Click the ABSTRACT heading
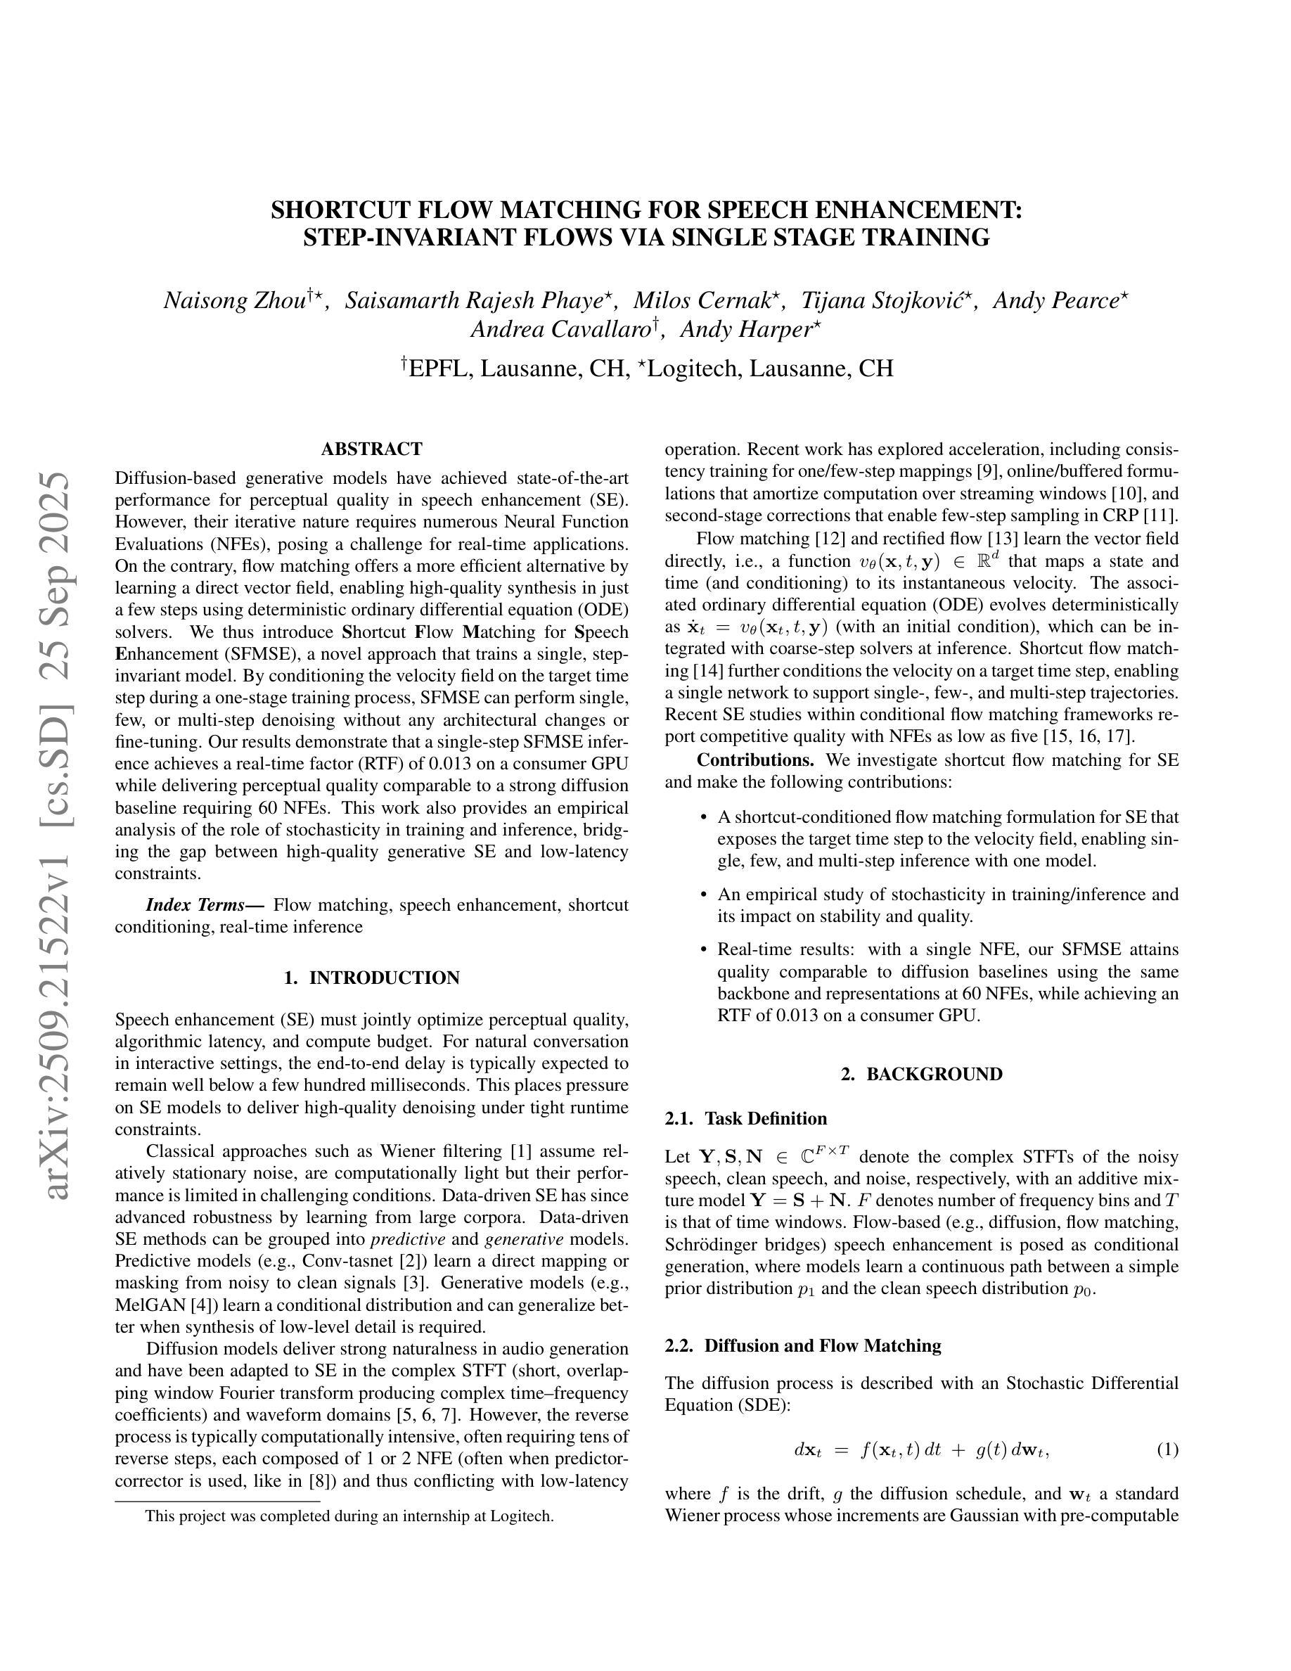tap(372, 449)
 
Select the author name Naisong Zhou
tap(235, 301)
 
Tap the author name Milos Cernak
tap(705, 301)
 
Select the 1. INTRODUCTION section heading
tap(372, 978)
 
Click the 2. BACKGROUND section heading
tap(922, 1074)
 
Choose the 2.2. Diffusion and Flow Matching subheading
tap(804, 1346)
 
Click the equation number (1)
tap(1167, 1449)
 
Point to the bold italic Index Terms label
tap(205, 905)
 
